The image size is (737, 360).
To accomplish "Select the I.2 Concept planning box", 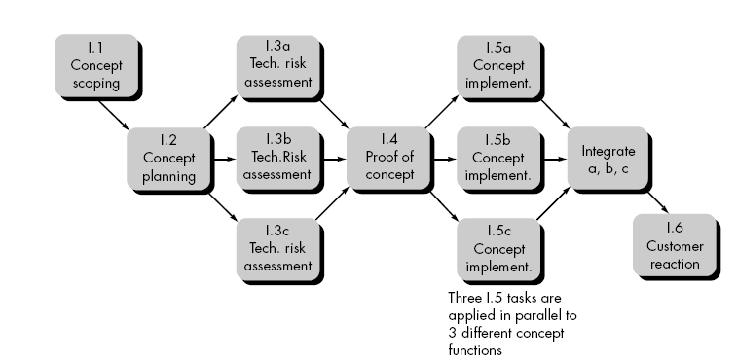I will pyautogui.click(x=166, y=158).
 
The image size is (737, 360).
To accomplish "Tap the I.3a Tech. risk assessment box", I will pyautogui.click(x=276, y=65).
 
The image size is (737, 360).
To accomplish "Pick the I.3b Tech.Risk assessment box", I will pyautogui.click(x=276, y=158).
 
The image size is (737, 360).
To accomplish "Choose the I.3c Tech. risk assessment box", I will pyautogui.click(x=276, y=249).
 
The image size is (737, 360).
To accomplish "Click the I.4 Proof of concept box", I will pyautogui.click(x=388, y=158).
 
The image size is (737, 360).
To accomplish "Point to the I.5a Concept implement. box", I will pyautogui.click(x=497, y=65).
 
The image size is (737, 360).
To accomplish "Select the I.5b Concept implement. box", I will pyautogui.click(x=497, y=158).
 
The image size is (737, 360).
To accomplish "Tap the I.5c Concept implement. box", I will pyautogui.click(x=497, y=249).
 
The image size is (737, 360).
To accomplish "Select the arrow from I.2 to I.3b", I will pyautogui.click(x=221, y=158).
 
